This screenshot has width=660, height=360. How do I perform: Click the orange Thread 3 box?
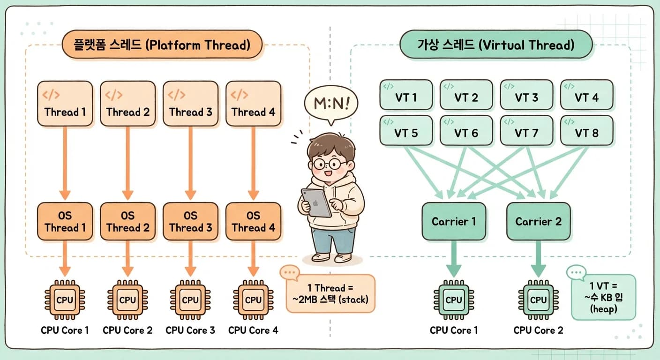(x=191, y=104)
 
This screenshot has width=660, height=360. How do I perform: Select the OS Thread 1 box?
(x=65, y=221)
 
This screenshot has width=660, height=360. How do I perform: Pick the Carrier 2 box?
(x=538, y=221)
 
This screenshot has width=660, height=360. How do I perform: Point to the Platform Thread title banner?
(x=162, y=45)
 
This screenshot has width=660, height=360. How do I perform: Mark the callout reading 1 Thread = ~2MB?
(x=330, y=293)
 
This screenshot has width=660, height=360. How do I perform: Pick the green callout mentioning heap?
(x=603, y=297)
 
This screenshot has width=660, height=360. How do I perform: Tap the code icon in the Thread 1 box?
(x=51, y=95)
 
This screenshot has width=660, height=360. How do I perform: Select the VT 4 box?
(x=586, y=95)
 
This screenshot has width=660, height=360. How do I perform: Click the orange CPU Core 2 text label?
(x=127, y=330)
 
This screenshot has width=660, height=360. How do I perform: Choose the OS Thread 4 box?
(x=253, y=221)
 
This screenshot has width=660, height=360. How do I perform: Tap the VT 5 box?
(x=406, y=130)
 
